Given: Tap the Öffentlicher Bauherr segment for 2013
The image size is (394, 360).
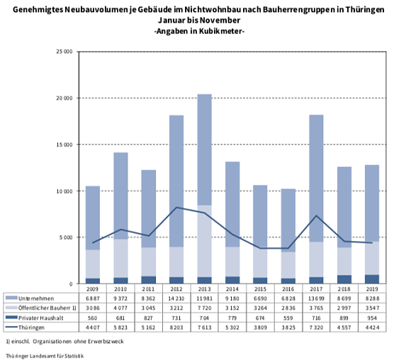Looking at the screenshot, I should click(x=203, y=241).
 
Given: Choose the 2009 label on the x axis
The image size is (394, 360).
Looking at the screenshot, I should click(x=93, y=290).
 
